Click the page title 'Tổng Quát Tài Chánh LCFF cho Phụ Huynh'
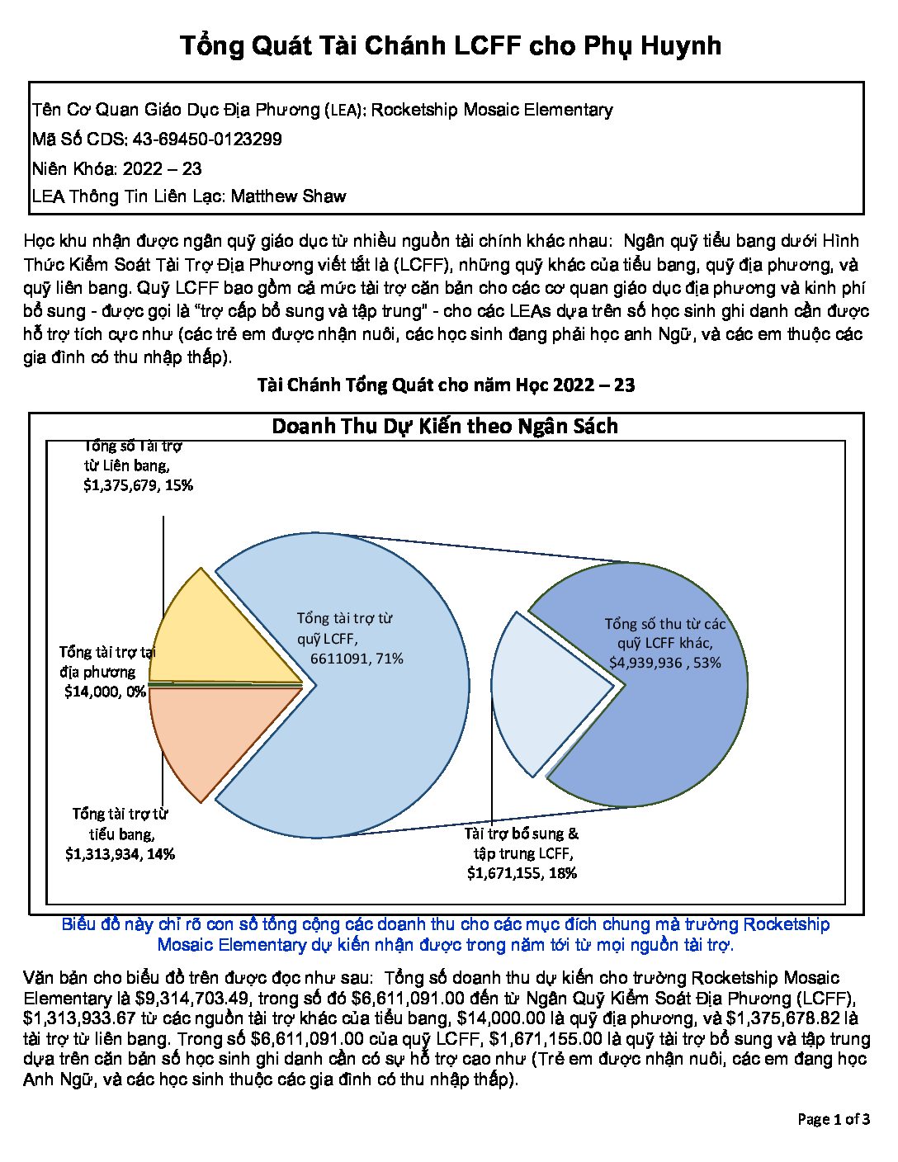[450, 45]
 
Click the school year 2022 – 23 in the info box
[162, 168]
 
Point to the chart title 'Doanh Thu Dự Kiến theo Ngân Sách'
[445, 427]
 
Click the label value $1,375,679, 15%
[138, 486]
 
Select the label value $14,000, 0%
[105, 692]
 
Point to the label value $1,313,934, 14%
[120, 854]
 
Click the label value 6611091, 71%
[357, 659]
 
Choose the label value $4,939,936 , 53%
[664, 663]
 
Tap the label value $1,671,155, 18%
[522, 873]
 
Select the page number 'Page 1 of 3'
[833, 1120]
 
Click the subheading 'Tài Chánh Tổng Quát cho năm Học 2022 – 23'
[446, 385]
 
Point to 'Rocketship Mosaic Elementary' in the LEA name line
[492, 110]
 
